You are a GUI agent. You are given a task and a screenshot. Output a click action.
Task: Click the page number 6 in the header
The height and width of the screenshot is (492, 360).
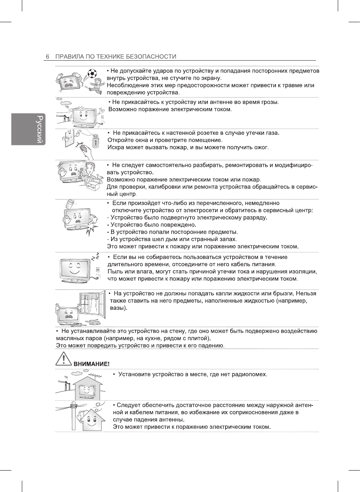pos(47,57)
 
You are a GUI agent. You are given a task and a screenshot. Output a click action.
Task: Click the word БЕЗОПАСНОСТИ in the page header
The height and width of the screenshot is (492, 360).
pos(151,57)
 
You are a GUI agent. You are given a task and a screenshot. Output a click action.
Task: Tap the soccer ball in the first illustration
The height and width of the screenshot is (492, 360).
pos(92,73)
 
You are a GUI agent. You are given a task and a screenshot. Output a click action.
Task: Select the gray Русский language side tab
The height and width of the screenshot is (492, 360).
pos(29,129)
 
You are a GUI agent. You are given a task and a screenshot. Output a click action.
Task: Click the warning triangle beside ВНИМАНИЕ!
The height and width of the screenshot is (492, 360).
pos(64,359)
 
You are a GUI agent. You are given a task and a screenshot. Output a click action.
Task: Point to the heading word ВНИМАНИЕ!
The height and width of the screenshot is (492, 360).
pos(92,364)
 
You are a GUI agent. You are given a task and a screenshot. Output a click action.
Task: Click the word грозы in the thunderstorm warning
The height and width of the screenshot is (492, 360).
pos(270,102)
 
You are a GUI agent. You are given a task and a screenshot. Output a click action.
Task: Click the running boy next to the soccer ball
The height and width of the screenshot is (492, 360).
pos(97,86)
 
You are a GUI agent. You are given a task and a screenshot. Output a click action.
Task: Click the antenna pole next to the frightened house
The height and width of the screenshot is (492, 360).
pos(73,416)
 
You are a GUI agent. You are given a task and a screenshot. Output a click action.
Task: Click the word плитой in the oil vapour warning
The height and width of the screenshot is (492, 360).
pos(200,338)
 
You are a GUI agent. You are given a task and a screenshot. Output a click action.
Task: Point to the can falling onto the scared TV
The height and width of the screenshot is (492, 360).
pos(70,205)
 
